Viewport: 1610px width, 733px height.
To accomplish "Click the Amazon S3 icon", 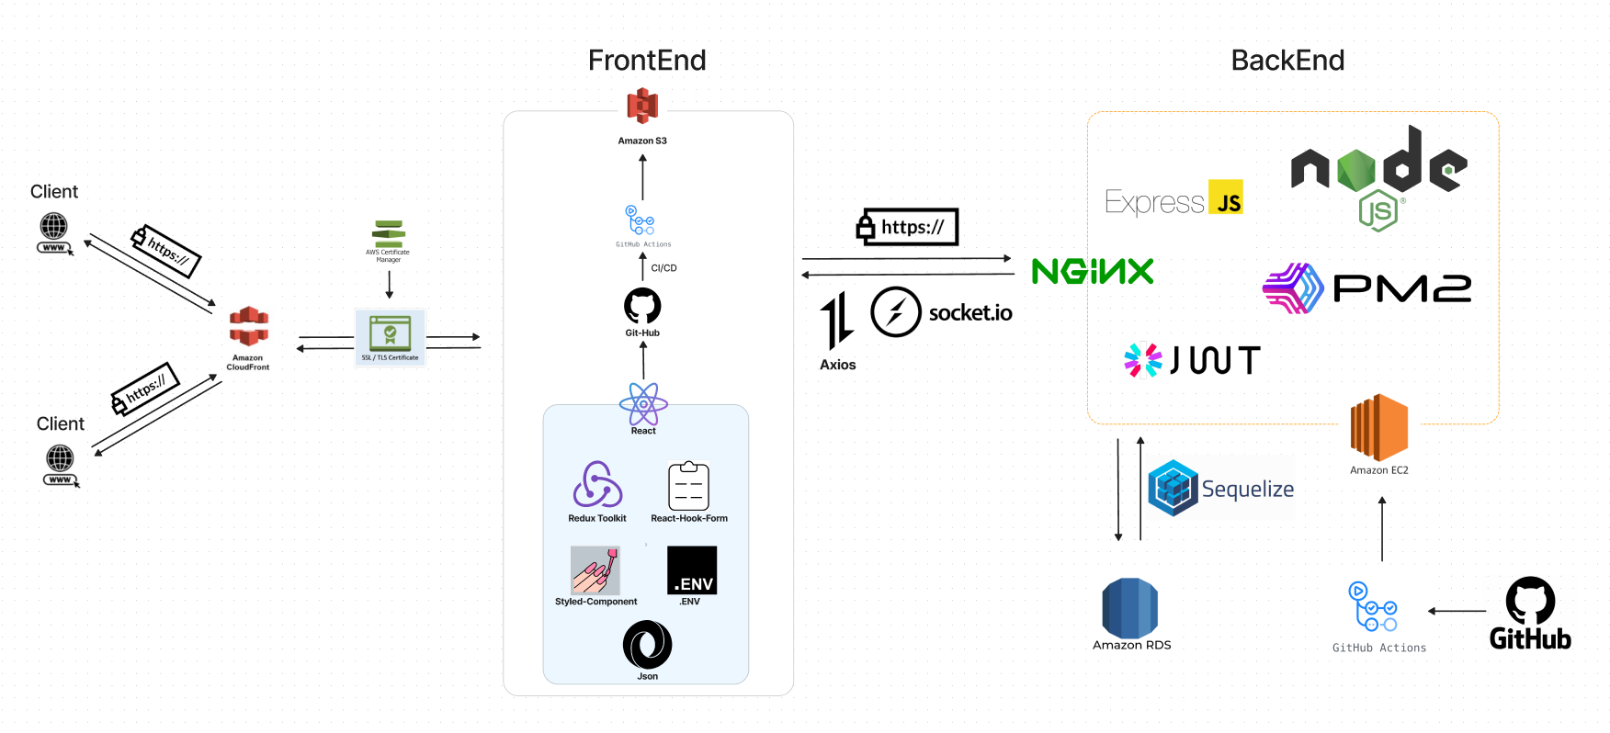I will tap(642, 107).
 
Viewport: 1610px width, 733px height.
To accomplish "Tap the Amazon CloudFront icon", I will tap(249, 327).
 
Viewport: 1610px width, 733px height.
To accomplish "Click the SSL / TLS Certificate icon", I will tap(391, 333).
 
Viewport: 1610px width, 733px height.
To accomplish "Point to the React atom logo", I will tap(643, 403).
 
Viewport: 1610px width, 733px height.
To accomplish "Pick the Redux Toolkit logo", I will tap(597, 485).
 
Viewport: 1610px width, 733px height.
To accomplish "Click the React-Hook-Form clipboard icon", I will tap(688, 486).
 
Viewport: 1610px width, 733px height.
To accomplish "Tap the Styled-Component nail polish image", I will tap(595, 570).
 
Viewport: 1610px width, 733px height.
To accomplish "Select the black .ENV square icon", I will tap(691, 570).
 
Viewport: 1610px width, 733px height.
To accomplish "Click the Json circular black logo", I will tap(647, 645).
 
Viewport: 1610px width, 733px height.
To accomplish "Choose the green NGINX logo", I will tap(1093, 271).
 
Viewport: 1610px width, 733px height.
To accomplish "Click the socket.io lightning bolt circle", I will tap(896, 312).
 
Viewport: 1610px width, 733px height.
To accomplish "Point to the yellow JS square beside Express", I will tap(1226, 197).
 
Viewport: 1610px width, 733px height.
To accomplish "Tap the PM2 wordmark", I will tap(1401, 289).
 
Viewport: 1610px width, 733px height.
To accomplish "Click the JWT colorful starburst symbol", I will tap(1143, 360).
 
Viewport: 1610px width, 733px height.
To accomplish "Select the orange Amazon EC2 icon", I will tap(1378, 428).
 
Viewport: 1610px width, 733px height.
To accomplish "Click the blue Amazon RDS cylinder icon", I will tap(1130, 607).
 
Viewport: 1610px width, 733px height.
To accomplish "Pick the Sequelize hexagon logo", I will tap(1173, 488).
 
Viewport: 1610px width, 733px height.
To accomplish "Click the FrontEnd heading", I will tap(647, 61).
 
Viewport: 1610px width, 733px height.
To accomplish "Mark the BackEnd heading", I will tap(1287, 61).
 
